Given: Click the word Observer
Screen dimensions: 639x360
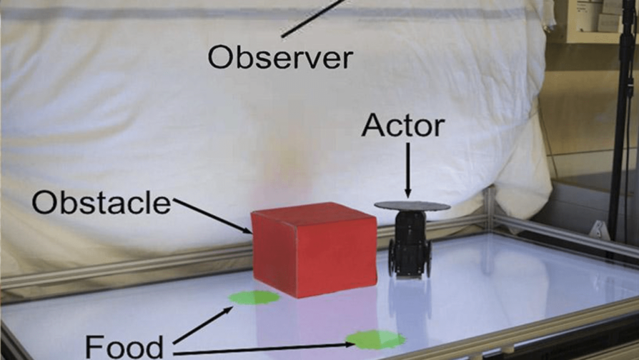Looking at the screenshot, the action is (280, 58).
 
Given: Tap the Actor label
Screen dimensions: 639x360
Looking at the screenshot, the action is (402, 125).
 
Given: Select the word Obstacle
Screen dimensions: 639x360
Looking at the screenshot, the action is (101, 202).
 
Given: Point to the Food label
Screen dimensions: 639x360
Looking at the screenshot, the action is (124, 346).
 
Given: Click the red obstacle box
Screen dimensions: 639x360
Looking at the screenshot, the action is (314, 249).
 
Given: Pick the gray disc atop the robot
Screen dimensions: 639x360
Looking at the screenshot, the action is (412, 206).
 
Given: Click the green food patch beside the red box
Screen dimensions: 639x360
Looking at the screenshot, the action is (254, 297).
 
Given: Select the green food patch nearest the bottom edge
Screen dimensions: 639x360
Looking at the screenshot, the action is (375, 339).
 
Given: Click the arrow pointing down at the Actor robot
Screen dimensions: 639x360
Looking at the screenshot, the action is (408, 170).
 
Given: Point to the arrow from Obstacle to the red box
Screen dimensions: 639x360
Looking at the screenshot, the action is (213, 216).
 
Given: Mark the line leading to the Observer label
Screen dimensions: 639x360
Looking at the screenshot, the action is (314, 19).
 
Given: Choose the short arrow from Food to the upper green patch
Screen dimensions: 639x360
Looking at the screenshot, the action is (203, 326).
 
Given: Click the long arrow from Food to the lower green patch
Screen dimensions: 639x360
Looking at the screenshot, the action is (264, 349).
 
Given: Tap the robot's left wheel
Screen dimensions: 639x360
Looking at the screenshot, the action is (392, 256).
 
